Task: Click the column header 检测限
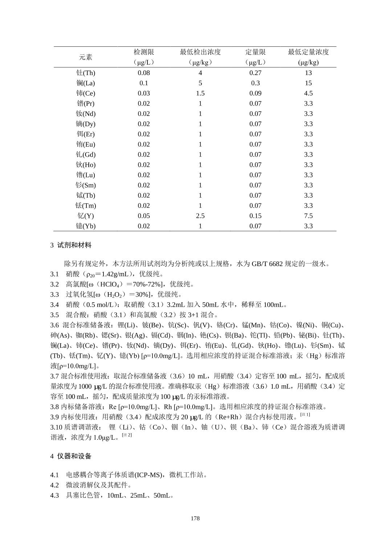pos(144,52)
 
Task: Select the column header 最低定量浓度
pos(308,52)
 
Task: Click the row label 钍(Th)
pos(86,73)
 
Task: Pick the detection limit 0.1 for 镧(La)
pos(144,83)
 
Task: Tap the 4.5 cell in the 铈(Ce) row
pos(308,93)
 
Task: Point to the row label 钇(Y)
pos(86,216)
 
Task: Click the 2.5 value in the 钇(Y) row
pos(200,216)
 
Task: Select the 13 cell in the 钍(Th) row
pos(308,73)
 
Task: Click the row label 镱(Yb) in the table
pos(86,226)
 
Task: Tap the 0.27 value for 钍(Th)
pos(255,73)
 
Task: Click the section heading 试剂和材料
pos(74,245)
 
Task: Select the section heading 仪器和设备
pos(74,456)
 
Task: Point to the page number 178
pos(195,518)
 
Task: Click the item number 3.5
pos(54,315)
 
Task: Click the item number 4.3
pos(54,495)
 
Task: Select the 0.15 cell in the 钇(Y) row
pos(255,216)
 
